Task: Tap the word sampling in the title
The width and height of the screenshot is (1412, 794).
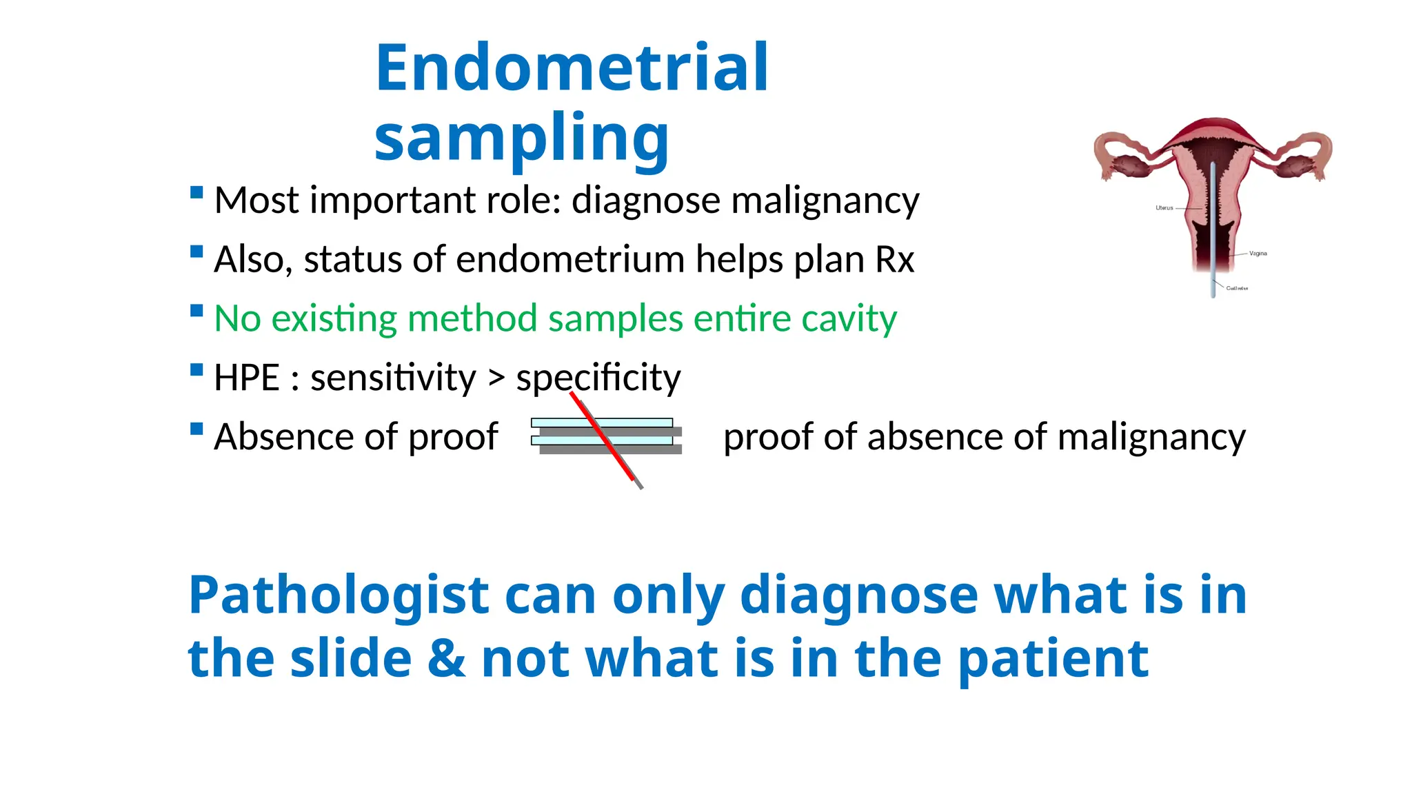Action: (521, 138)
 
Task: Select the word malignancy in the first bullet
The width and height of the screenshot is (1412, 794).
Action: (825, 201)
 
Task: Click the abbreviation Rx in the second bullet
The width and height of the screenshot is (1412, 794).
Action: (894, 260)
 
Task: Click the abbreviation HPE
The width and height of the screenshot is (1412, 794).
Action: (246, 378)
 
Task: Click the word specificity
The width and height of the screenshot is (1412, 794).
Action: (598, 378)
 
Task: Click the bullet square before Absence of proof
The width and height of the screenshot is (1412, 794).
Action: (196, 429)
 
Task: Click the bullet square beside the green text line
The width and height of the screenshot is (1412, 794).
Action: (196, 311)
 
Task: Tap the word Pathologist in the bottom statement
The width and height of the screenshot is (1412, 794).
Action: (339, 595)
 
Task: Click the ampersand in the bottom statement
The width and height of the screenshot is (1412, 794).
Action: (446, 658)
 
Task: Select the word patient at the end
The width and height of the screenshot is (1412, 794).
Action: (1053, 658)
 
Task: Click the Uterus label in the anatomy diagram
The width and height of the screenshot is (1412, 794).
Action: (1164, 207)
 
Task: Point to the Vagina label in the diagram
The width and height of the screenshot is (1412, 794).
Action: (1258, 254)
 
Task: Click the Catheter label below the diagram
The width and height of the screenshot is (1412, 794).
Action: (1237, 288)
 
